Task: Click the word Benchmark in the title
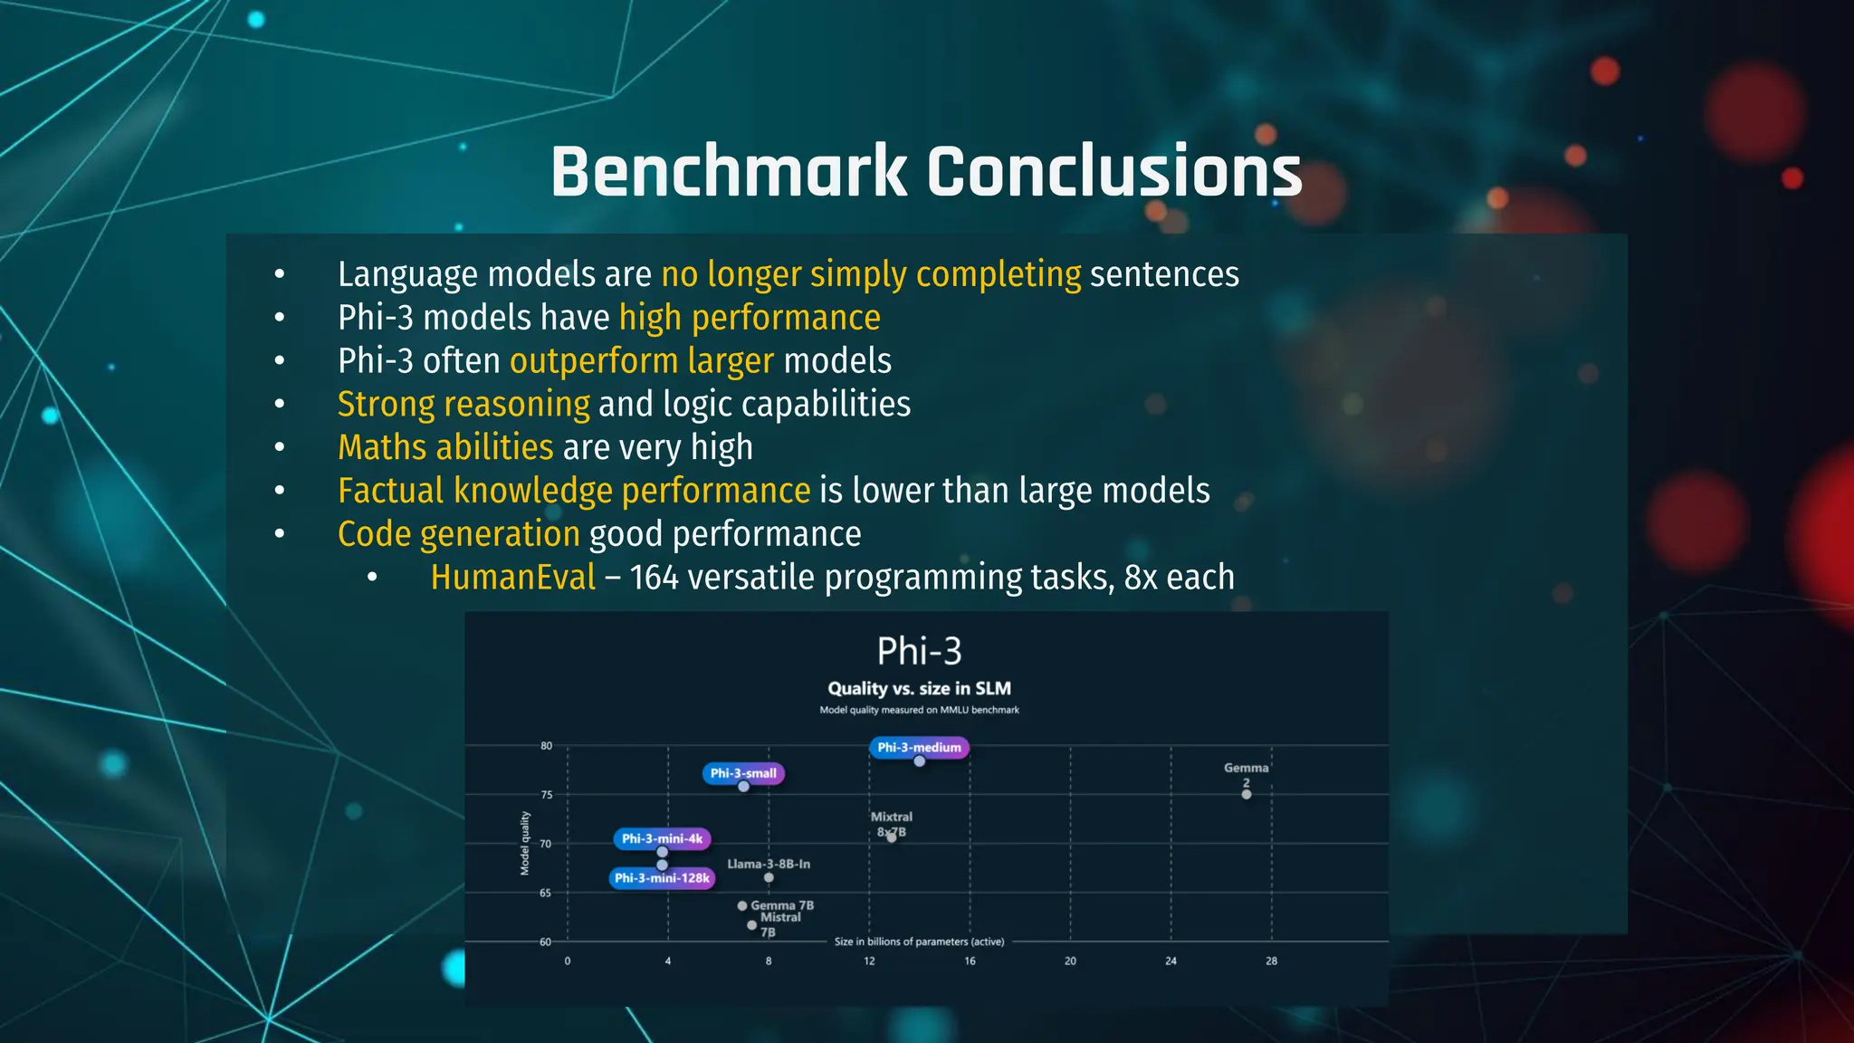(x=729, y=172)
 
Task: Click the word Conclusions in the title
(x=1114, y=172)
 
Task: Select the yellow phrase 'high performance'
(x=749, y=318)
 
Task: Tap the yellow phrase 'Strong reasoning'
(x=463, y=404)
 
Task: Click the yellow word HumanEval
(x=512, y=577)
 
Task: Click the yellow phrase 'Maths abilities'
(x=444, y=447)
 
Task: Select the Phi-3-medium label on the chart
(x=919, y=748)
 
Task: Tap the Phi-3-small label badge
(x=743, y=773)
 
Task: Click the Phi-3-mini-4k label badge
(x=662, y=838)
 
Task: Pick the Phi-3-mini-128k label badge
(x=662, y=878)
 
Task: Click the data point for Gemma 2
(x=1247, y=794)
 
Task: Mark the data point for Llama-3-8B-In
(x=769, y=877)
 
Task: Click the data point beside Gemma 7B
(x=742, y=905)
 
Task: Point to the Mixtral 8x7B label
(x=892, y=824)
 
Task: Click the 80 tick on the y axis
(x=546, y=746)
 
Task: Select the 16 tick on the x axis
(x=970, y=961)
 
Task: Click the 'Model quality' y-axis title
(x=525, y=843)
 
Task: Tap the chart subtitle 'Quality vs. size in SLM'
(x=919, y=688)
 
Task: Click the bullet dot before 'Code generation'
(x=280, y=534)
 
